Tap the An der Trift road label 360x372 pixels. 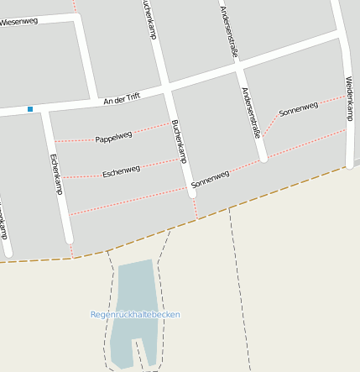121,99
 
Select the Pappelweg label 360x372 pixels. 113,136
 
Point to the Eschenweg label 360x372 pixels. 121,171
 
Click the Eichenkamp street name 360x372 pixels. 56,174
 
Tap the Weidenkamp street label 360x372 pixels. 348,99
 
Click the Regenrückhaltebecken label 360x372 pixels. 135,315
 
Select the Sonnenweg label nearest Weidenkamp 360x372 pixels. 299,109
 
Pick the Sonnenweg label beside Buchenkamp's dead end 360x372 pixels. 210,178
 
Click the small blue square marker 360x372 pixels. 30,108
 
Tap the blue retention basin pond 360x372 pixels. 134,294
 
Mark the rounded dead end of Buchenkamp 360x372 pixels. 192,193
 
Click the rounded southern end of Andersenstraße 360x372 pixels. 263,157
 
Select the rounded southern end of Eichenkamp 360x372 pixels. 70,239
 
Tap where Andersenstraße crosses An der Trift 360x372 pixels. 239,69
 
